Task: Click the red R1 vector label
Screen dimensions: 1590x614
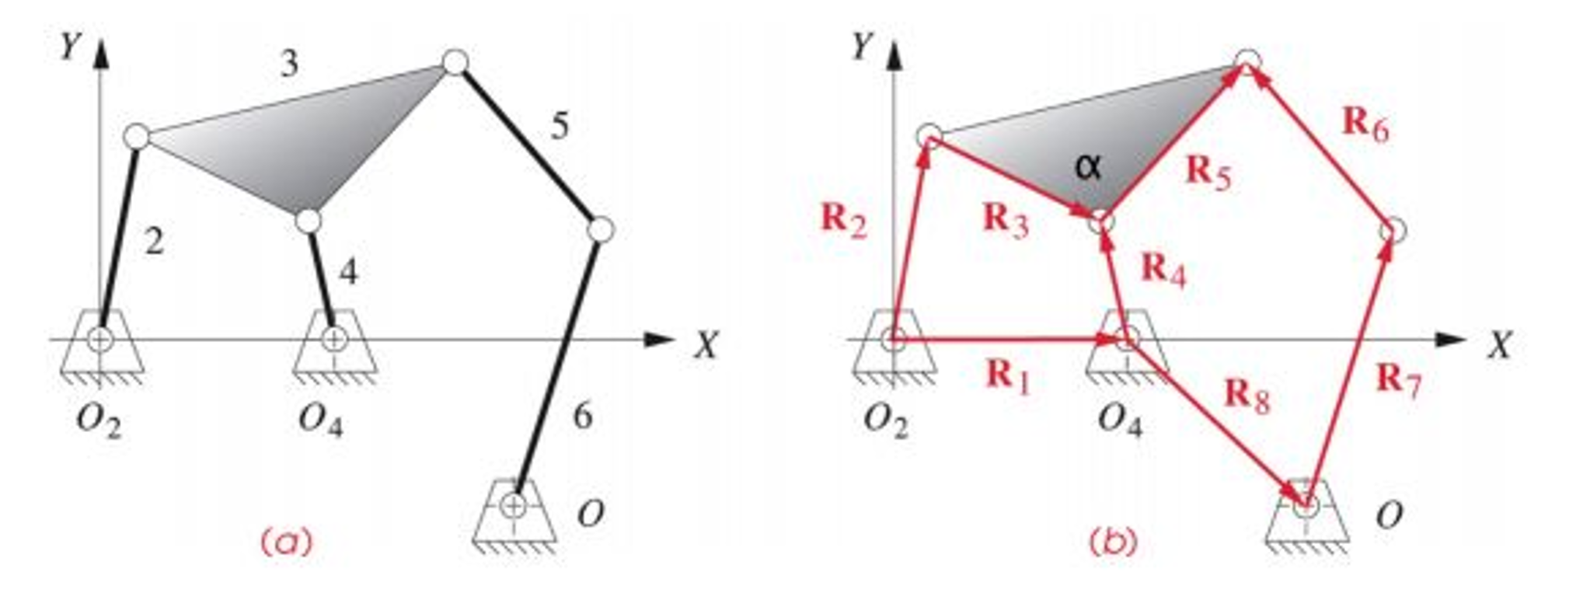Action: pos(1008,377)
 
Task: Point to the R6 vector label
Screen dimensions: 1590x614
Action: pos(1365,124)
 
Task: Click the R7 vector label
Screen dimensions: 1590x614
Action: pos(1399,380)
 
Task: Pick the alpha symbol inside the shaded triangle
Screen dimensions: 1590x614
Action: pos(1088,167)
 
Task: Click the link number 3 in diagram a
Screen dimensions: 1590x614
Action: pos(289,64)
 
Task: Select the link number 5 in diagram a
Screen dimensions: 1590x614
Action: pos(560,125)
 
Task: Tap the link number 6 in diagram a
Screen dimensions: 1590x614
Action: pos(582,417)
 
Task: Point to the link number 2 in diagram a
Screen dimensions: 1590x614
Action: pos(154,243)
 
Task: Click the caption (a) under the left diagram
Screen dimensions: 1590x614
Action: pos(288,542)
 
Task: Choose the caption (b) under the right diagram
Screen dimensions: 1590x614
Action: pos(1112,542)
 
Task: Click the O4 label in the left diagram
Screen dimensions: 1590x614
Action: pos(321,422)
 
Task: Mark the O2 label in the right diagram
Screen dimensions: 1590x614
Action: pos(885,422)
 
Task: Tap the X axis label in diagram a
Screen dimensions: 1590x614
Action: pos(706,344)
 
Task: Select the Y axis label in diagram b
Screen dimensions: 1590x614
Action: pos(861,48)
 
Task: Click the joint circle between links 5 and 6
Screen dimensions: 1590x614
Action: pos(600,230)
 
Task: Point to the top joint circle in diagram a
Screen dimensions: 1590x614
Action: pos(455,61)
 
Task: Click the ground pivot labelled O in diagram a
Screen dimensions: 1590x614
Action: pos(513,505)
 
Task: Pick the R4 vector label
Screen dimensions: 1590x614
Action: pos(1163,270)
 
